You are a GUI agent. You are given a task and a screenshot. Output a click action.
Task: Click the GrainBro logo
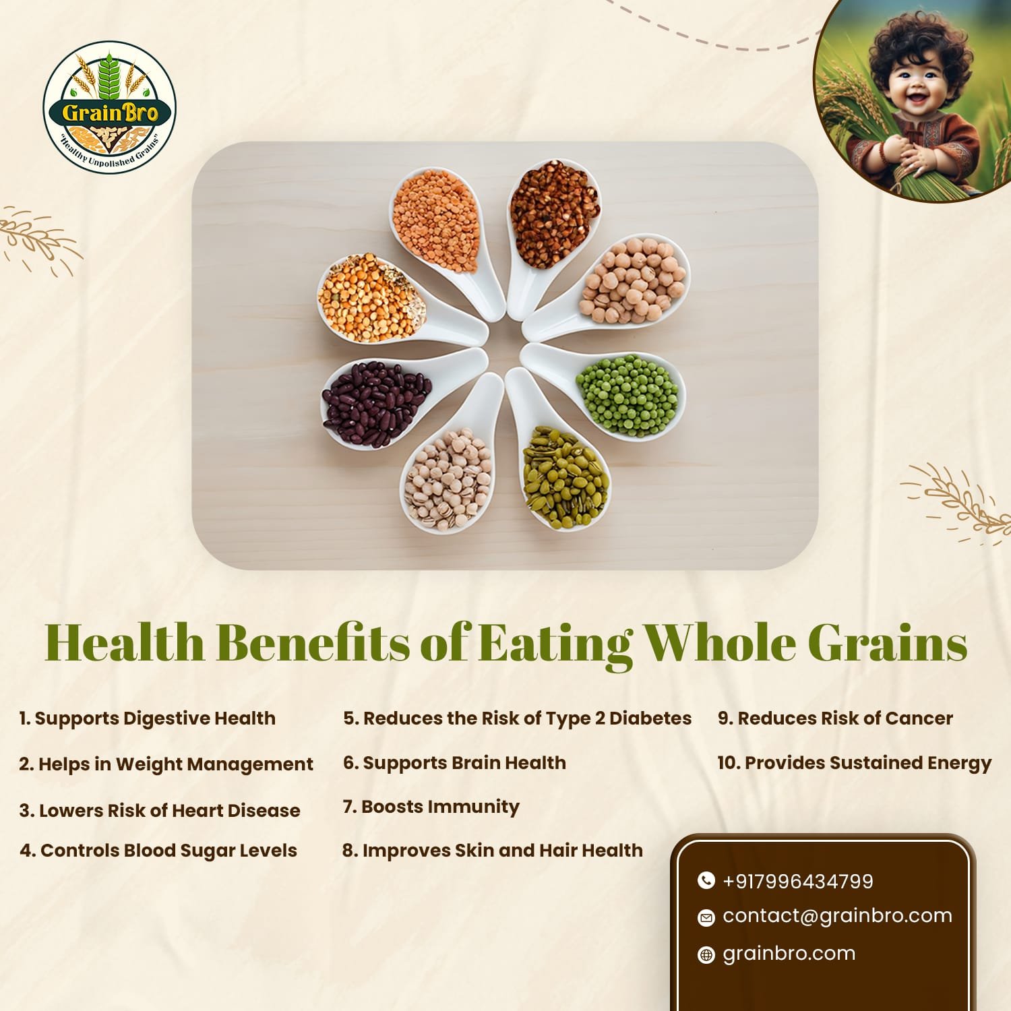tap(110, 108)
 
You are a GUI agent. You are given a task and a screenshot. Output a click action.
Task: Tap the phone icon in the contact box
tap(706, 880)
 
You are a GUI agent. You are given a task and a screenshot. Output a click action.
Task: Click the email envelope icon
tap(706, 917)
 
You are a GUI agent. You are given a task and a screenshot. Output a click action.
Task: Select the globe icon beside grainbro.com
tap(706, 954)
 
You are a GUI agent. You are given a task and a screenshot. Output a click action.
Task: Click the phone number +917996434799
tap(798, 881)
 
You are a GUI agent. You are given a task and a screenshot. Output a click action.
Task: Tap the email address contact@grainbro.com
tap(837, 915)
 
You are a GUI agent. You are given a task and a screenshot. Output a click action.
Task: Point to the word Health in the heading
tap(125, 642)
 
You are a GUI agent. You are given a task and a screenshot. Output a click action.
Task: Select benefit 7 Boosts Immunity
tap(431, 807)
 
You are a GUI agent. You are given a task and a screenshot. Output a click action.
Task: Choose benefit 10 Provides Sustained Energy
tap(854, 763)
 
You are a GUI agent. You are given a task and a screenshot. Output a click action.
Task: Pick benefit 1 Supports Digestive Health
tap(148, 718)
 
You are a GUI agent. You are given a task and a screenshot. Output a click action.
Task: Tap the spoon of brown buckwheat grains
tap(549, 222)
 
